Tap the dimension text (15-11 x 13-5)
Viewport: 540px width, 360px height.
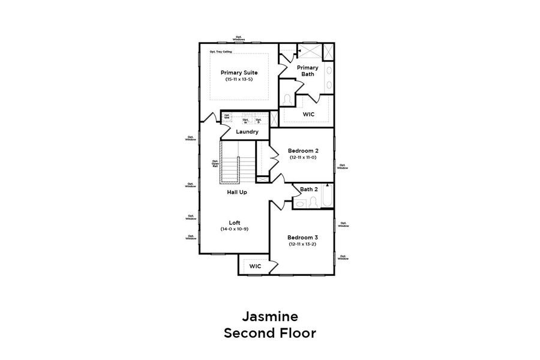239,79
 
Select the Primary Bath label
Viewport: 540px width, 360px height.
307,71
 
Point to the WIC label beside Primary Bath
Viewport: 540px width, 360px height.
308,113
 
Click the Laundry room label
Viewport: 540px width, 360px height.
247,131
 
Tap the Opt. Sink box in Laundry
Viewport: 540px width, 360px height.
227,116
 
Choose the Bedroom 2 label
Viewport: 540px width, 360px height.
302,150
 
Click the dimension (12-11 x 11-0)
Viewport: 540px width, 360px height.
302,157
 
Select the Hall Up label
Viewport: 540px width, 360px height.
237,192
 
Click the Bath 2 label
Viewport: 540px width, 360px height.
308,189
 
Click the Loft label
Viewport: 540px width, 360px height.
235,222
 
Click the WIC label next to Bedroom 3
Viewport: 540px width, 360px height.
255,265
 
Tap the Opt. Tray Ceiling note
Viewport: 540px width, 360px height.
220,52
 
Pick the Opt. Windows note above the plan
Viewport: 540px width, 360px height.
239,37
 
